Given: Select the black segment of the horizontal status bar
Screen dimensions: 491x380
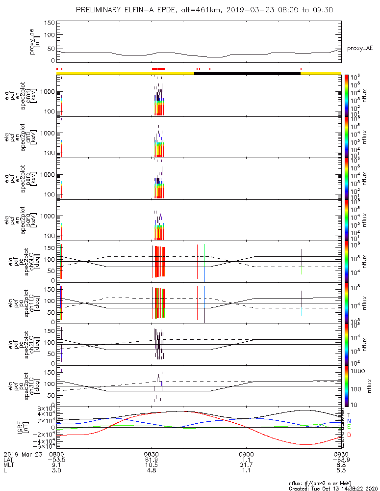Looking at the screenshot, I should [247, 73].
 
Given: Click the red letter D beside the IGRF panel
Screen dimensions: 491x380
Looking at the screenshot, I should [349, 435].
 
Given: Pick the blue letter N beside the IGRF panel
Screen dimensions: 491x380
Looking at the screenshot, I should [349, 421].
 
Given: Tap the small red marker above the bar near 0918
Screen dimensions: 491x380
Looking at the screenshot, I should [301, 69].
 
